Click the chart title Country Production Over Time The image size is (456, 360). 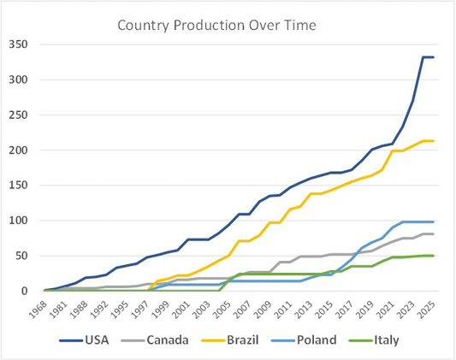coord(216,26)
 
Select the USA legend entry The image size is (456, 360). coord(84,340)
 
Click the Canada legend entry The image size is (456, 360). coord(155,340)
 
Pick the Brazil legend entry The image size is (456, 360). coord(230,340)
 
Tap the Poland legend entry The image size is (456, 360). coord(304,340)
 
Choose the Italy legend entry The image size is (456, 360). coord(374,340)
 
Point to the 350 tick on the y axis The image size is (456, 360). coord(18,44)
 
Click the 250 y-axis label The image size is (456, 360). coord(18,115)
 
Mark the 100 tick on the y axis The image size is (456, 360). coord(18,221)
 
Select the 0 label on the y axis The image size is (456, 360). coord(25,291)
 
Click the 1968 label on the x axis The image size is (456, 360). coord(38,310)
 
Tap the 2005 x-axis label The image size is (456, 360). coord(222,310)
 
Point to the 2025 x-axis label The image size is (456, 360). coord(427,310)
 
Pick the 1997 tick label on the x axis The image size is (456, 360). coord(140,310)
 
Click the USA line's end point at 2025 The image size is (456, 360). coord(433,57)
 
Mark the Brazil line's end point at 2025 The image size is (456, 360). coord(433,141)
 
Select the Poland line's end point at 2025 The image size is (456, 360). coord(433,222)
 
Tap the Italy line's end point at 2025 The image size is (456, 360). coord(433,256)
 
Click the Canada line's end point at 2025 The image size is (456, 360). coord(433,234)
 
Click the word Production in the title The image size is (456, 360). coord(209,25)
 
